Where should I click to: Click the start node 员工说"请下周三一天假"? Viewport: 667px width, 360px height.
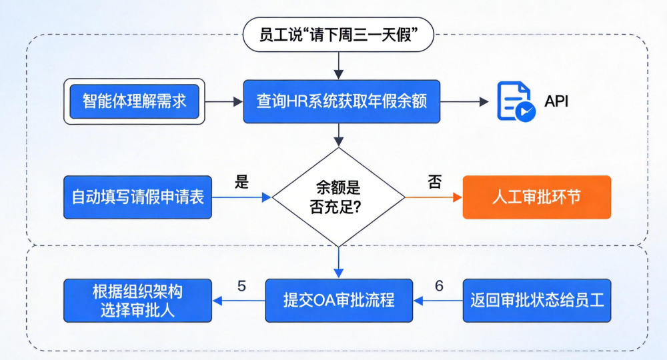[x=338, y=35]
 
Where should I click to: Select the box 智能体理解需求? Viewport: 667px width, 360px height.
[x=134, y=101]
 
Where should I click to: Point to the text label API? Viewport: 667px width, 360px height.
[x=556, y=101]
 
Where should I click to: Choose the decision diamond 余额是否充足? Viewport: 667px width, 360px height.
[x=338, y=197]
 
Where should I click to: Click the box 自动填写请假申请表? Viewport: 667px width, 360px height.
[x=138, y=197]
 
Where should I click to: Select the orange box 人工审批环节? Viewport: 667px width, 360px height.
[x=536, y=197]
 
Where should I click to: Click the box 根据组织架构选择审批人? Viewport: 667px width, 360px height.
[x=138, y=300]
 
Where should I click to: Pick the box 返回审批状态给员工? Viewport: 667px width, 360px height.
[x=536, y=300]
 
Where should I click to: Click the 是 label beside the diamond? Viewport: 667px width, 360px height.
[x=241, y=182]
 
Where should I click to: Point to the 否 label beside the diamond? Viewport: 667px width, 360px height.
[x=435, y=182]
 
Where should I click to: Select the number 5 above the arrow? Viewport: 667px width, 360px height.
[x=241, y=285]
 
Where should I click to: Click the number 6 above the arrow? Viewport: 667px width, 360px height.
[x=439, y=285]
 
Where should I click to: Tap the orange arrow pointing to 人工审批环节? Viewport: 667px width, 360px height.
[x=434, y=197]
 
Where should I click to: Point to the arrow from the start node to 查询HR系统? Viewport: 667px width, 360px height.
[x=338, y=65]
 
